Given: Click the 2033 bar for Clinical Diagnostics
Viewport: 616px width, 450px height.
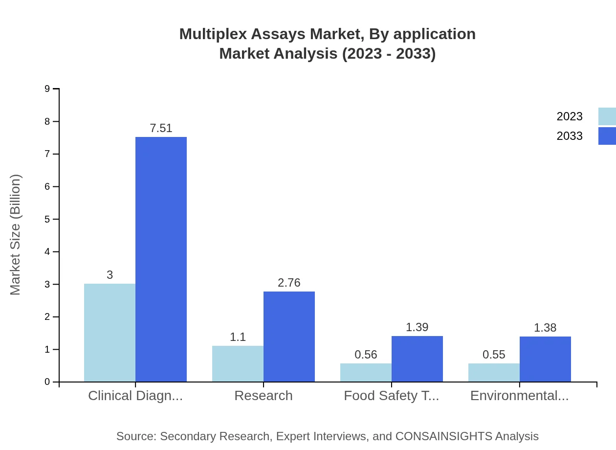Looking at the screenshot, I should click(161, 259).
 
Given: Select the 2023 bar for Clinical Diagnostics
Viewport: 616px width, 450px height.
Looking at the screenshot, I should click(110, 333).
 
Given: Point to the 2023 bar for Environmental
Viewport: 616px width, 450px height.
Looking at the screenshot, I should click(494, 372).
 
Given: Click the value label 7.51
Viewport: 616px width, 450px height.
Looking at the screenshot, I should click(161, 128).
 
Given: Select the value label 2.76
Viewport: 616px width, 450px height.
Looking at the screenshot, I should click(289, 283).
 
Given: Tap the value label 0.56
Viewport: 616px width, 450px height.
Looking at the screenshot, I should click(366, 355).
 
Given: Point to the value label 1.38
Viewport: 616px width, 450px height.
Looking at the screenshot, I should click(545, 328).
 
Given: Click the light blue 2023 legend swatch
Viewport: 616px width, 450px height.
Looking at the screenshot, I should click(607, 116).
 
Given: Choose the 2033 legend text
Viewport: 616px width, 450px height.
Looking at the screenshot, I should click(570, 136).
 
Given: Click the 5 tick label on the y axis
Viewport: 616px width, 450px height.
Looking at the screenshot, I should click(47, 219).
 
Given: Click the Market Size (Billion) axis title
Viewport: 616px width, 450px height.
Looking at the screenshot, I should click(16, 235).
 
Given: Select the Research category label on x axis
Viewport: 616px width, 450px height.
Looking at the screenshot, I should click(264, 395).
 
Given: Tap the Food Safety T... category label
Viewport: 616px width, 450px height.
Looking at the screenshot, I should click(391, 395).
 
